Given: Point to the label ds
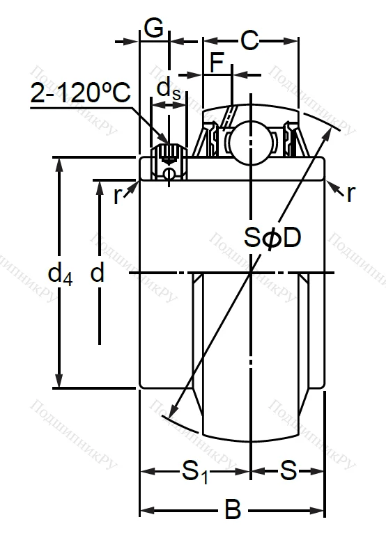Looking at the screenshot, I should point(167,88).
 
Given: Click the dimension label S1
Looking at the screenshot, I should point(196,472).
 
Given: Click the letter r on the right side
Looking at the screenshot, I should point(350,193).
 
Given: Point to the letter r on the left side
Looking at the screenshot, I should point(117,196).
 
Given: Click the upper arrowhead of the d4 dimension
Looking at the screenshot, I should point(60,164).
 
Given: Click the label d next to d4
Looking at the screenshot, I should point(98,273).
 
